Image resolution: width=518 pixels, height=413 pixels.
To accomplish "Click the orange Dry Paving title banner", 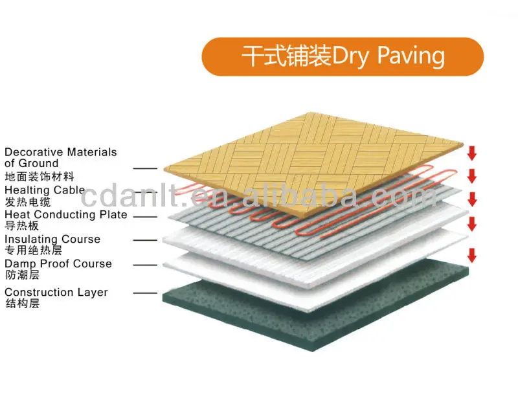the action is (x=343, y=56).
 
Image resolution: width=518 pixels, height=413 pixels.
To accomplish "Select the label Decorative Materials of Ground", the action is (x=60, y=157).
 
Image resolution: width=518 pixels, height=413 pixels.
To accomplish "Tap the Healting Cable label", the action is (x=44, y=190).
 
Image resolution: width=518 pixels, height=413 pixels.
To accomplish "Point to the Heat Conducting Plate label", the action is (x=65, y=214).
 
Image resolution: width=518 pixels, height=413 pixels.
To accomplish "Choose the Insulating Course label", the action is (x=52, y=239).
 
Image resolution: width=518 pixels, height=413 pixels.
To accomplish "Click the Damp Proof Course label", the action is (x=58, y=263).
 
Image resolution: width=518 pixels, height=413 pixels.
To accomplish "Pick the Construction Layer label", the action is (x=56, y=292).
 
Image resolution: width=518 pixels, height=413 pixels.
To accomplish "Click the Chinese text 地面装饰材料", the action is (x=39, y=176).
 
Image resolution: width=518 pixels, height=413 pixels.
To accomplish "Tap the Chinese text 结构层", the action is (x=22, y=303).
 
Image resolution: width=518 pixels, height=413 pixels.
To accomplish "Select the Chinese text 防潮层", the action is (x=22, y=274).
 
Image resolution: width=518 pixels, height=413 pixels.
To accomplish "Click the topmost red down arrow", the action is (x=472, y=153).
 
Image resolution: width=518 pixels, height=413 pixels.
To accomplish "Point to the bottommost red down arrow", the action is (x=472, y=254).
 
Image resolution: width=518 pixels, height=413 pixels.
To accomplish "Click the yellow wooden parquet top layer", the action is (x=311, y=155).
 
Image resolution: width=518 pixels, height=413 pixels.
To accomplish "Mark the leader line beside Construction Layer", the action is (x=145, y=293).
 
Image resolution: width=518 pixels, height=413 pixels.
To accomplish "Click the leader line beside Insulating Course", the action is (x=145, y=240).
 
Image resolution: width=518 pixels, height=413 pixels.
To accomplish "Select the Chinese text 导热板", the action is (x=22, y=226).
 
